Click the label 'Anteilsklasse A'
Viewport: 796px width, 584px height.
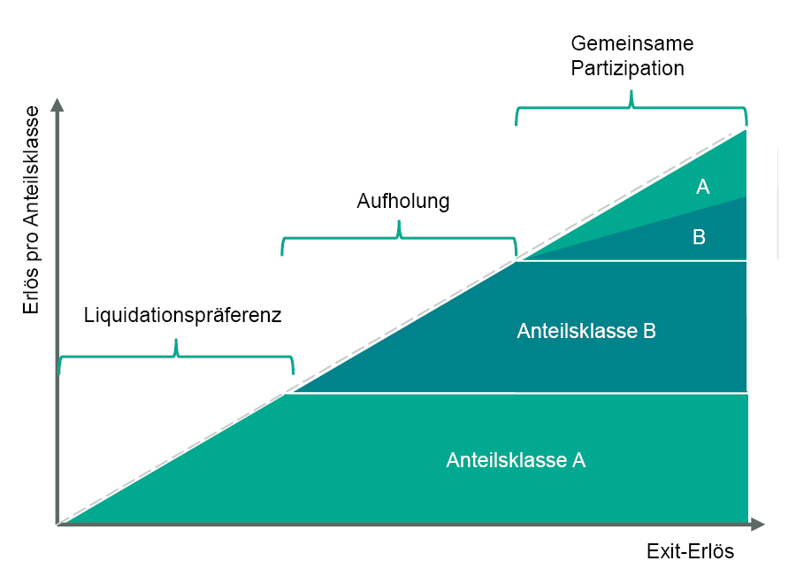(x=516, y=460)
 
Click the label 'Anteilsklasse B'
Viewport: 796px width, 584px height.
(x=586, y=331)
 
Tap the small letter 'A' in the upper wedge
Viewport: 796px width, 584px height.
(x=703, y=187)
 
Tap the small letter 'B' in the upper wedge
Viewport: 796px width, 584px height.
(x=699, y=237)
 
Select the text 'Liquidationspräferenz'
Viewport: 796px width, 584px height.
(x=182, y=315)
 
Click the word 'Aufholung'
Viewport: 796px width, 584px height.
(x=402, y=202)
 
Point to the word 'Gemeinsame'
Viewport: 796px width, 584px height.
(x=631, y=44)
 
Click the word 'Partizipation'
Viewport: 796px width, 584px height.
(x=628, y=68)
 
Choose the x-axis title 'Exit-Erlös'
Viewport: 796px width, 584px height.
(x=690, y=551)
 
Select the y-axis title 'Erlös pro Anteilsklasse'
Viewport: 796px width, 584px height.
(x=33, y=210)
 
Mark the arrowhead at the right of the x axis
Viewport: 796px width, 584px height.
(x=757, y=525)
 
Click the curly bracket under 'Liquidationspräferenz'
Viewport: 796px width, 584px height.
(x=176, y=354)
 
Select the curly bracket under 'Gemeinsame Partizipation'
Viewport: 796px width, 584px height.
(x=631, y=107)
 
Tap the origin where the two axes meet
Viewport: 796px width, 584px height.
(x=58, y=525)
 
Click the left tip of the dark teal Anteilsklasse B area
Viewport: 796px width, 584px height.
(x=287, y=391)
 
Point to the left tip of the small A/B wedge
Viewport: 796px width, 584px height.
(x=521, y=259)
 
